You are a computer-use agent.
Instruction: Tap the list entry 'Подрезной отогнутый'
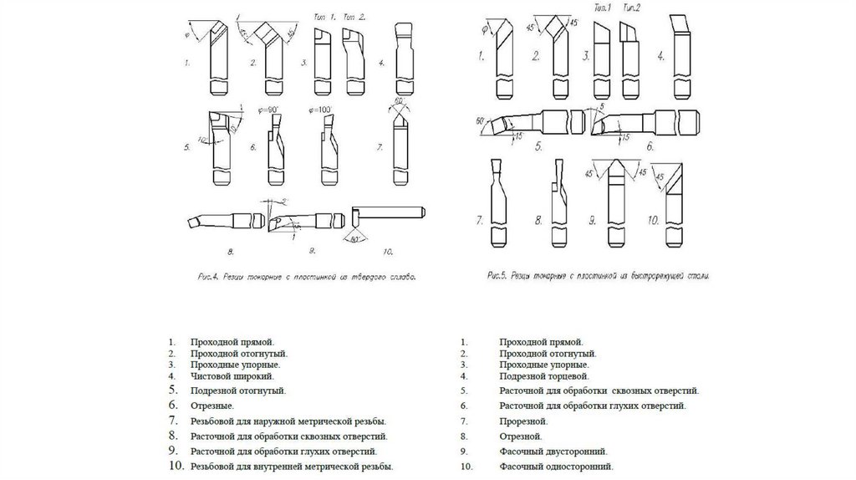pyautogui.click(x=238, y=391)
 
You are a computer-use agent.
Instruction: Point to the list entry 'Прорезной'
pyautogui.click(x=523, y=421)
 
